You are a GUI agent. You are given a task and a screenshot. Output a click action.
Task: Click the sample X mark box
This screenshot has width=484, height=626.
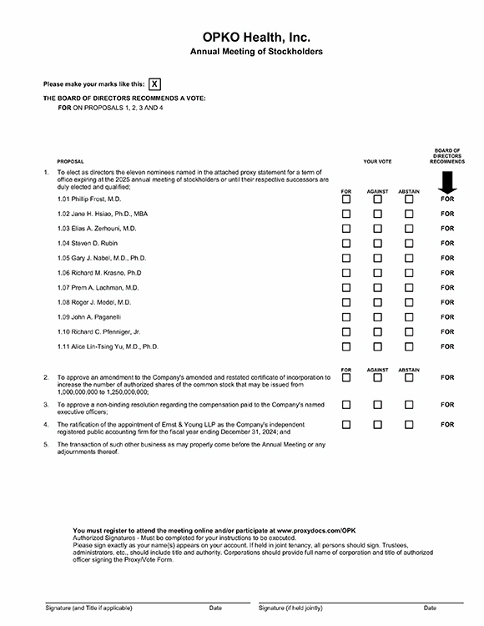[x=155, y=84]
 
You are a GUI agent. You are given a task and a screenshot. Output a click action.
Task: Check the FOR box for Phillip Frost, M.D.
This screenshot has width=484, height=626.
[x=346, y=199]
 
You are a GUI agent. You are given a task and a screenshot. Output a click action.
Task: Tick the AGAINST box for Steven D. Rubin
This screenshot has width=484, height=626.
[x=377, y=244]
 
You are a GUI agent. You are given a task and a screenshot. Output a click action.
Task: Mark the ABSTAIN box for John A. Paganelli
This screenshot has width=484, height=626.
[x=409, y=317]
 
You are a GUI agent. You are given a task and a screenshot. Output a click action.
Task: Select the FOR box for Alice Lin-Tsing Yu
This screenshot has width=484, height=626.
[x=346, y=346]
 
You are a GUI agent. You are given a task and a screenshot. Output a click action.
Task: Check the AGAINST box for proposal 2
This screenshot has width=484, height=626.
[x=377, y=377]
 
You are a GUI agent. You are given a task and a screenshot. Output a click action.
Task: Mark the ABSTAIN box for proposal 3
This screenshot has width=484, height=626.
[x=409, y=404]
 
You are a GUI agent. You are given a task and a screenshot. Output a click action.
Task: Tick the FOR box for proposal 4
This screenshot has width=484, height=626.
[x=346, y=424]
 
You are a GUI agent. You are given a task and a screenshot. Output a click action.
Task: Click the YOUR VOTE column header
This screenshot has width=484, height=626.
[x=377, y=162]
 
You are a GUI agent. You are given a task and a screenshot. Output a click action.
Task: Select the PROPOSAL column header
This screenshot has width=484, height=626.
[x=70, y=162]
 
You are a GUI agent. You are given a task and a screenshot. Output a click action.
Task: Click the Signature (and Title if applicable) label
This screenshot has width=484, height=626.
[x=88, y=608]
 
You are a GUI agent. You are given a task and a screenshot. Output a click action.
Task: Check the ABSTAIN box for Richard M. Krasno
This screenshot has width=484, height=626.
[x=409, y=273]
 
